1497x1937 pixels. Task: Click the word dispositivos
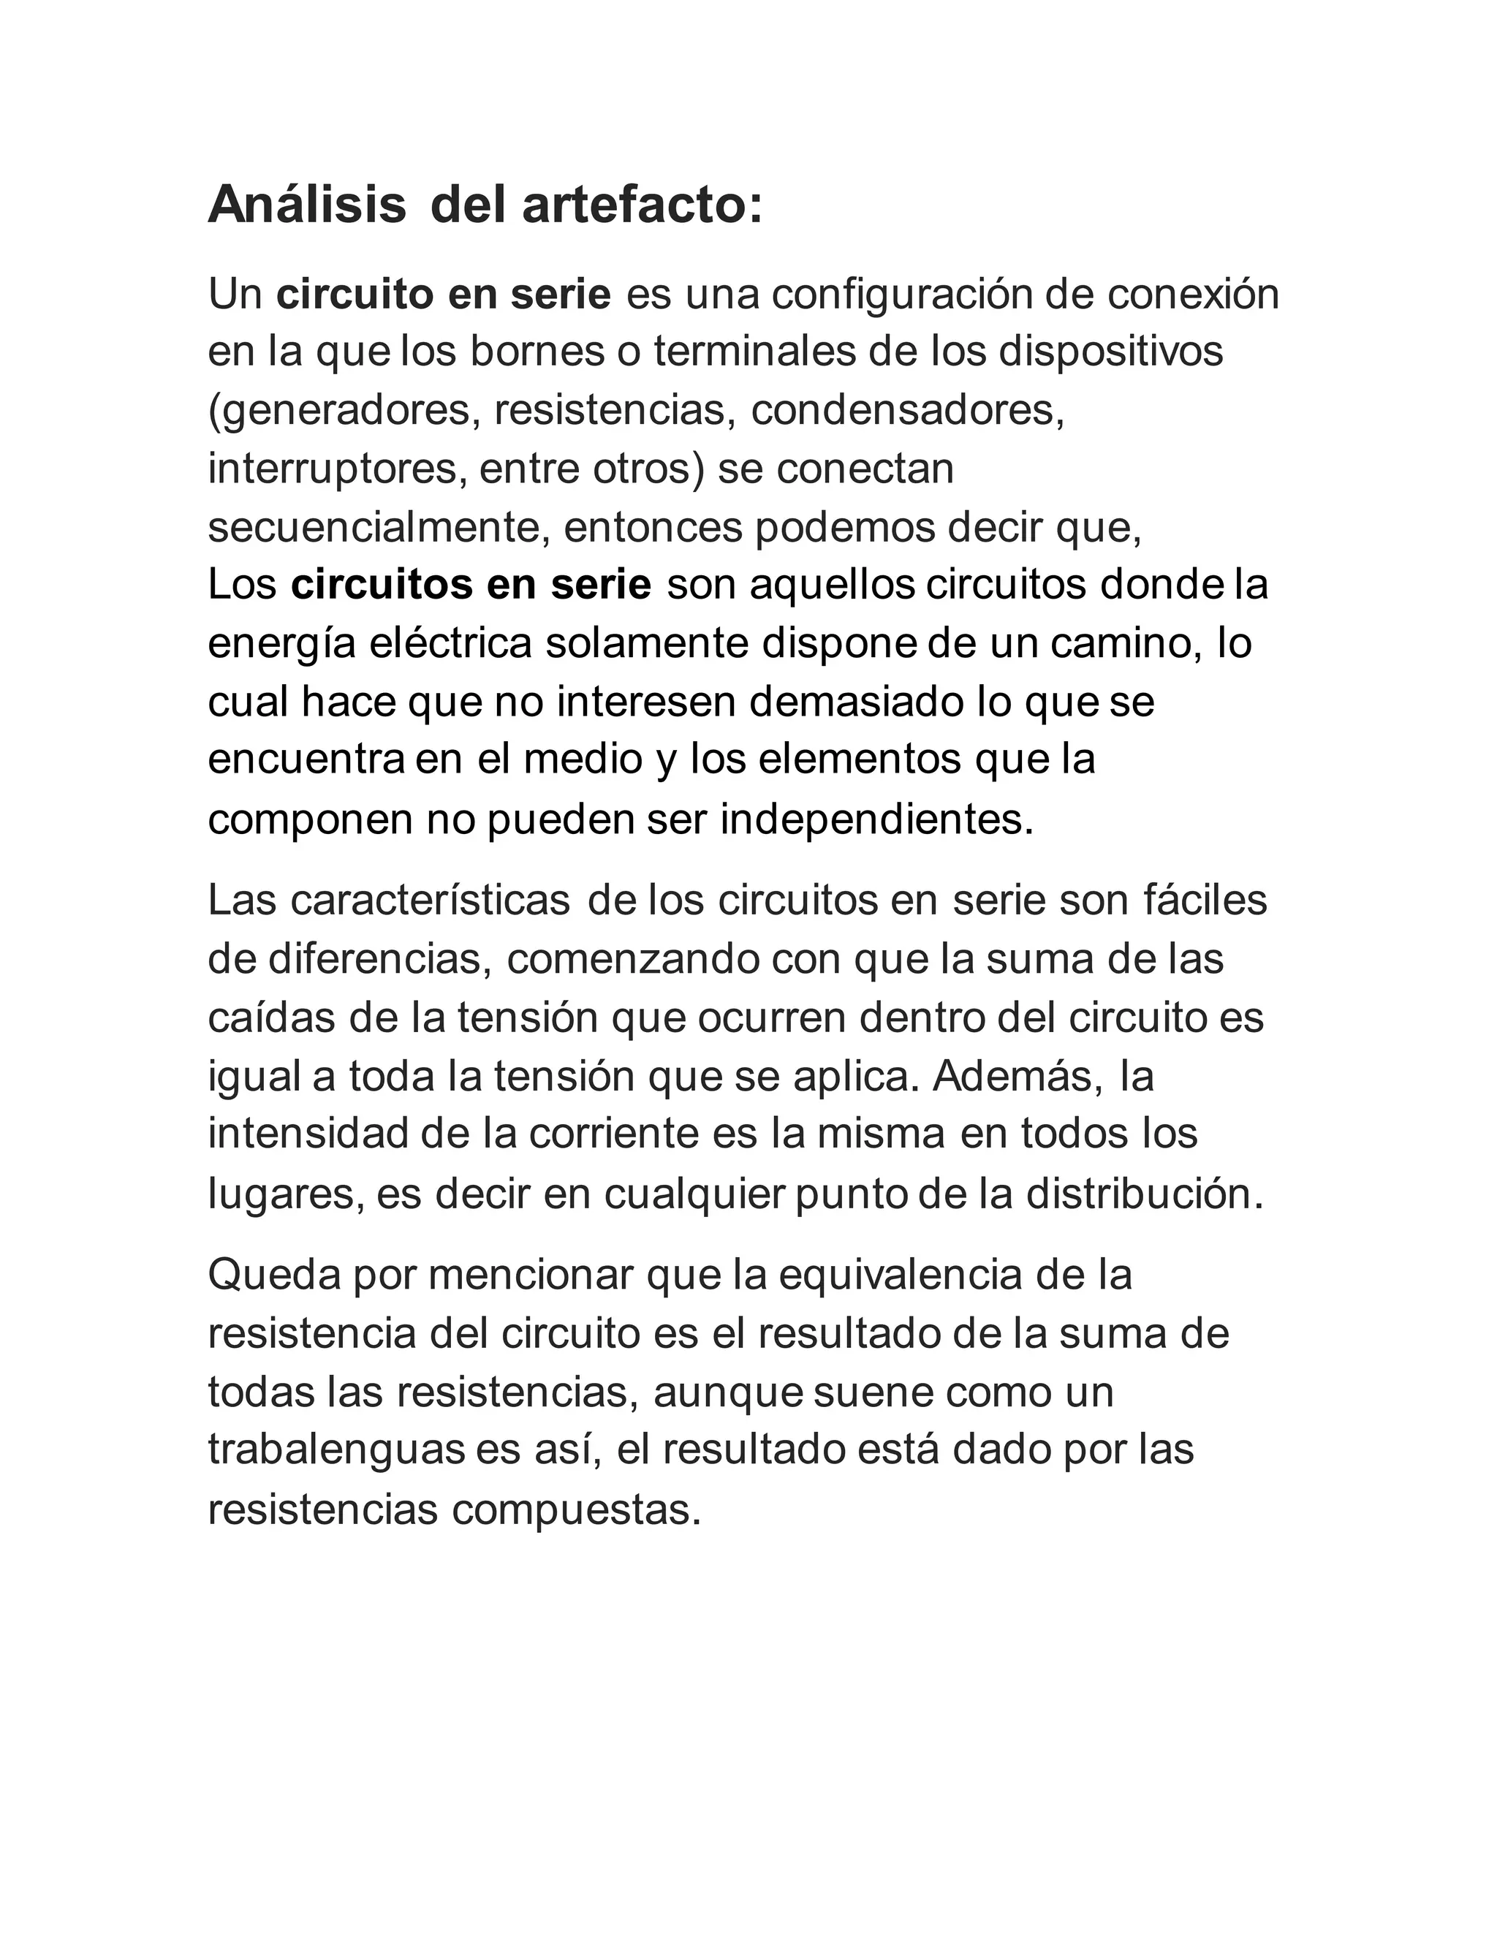click(1111, 352)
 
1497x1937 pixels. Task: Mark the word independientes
click(876, 820)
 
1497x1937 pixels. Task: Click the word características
click(429, 902)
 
